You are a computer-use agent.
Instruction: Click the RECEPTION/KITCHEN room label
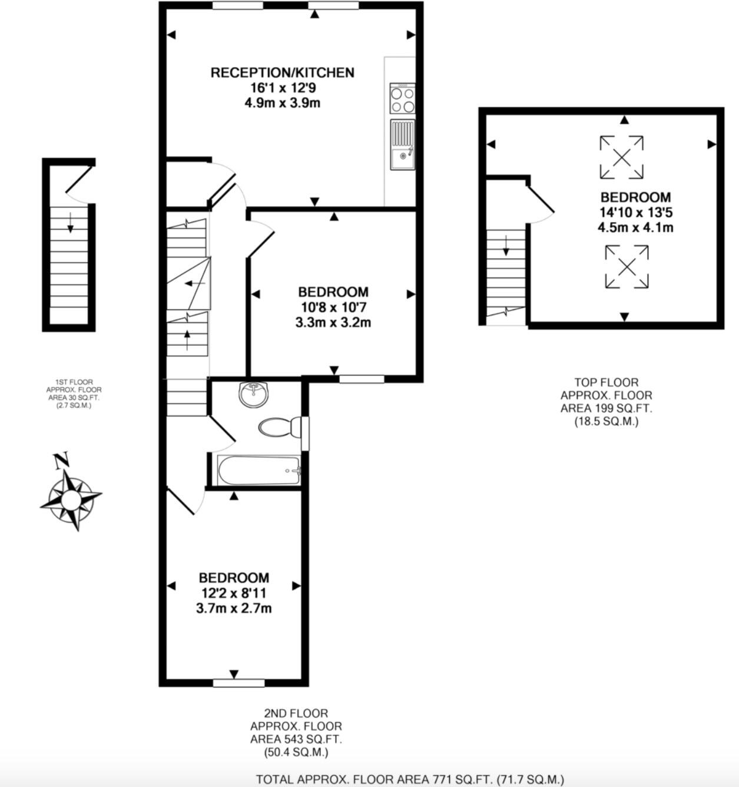coord(282,72)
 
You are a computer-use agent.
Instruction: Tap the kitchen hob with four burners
coord(403,98)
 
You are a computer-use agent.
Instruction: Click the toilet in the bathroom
coord(280,428)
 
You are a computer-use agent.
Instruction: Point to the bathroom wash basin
coord(254,394)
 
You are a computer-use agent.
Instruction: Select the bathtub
coord(259,471)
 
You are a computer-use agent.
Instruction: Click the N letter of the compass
coord(61,461)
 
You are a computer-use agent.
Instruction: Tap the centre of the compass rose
coord(71,497)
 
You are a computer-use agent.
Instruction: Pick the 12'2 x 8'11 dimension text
coord(234,593)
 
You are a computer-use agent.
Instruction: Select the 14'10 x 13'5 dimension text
coord(636,213)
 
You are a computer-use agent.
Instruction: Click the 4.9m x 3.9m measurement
coord(282,103)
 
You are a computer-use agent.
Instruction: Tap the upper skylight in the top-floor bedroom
coord(622,158)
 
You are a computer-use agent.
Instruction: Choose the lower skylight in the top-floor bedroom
coord(627,267)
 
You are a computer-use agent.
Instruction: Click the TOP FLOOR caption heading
coord(607,382)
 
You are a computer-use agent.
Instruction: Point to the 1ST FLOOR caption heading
coord(74,382)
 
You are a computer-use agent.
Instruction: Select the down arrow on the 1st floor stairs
coord(70,223)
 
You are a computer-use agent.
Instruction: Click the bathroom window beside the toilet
coord(305,433)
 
